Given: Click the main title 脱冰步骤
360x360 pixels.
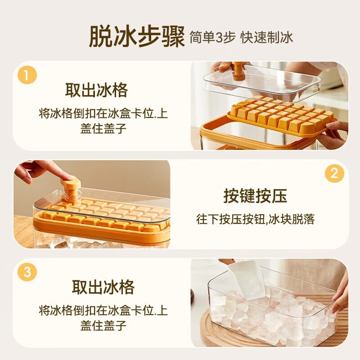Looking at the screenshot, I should coord(136,37).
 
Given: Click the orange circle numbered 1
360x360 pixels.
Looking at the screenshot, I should coord(27,75).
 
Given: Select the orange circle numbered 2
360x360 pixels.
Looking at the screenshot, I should coord(334,174).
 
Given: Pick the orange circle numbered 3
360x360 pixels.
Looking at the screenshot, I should coord(27,272).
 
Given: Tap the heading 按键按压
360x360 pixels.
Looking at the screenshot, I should coord(255,196).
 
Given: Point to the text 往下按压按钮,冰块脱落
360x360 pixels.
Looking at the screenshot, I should coord(255,220).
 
